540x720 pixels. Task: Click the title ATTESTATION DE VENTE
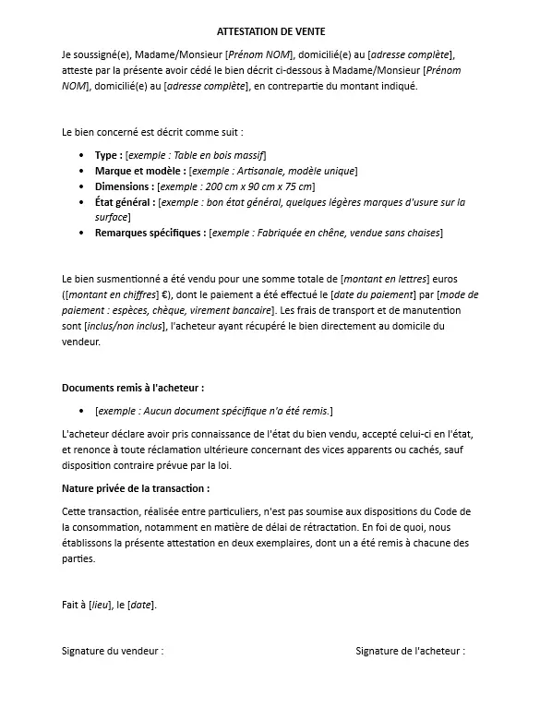click(x=270, y=31)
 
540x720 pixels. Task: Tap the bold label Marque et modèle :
click(x=139, y=171)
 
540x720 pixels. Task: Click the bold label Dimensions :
click(x=125, y=186)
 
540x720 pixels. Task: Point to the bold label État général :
click(x=125, y=202)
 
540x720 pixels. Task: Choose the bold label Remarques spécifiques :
click(x=150, y=233)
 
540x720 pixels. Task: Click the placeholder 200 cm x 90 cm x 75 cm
click(x=263, y=186)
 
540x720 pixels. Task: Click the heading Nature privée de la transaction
click(x=135, y=487)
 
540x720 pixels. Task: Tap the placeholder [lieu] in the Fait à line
click(x=100, y=605)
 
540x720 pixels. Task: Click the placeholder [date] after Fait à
click(x=141, y=605)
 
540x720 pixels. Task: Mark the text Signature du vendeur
click(x=112, y=651)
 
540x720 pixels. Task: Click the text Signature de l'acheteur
click(x=410, y=651)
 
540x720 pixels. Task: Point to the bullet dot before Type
click(x=84, y=156)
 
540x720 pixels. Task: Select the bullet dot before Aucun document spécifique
click(x=84, y=411)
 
